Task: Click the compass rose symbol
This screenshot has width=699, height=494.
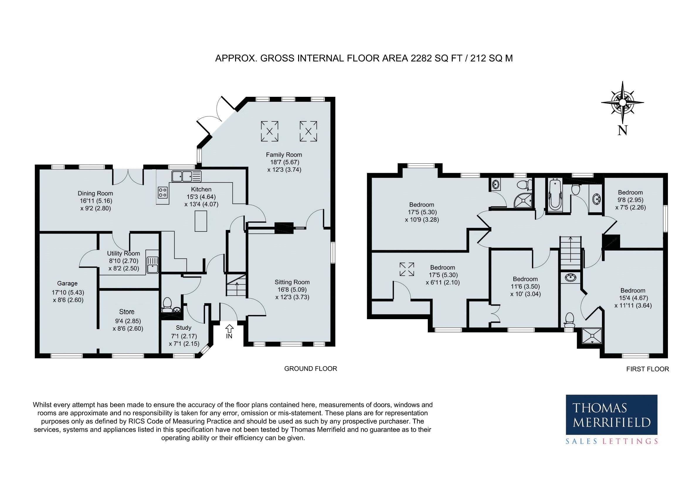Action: pyautogui.click(x=622, y=103)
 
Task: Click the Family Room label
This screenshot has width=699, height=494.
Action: pyautogui.click(x=284, y=155)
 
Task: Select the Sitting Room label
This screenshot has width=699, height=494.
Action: pyautogui.click(x=292, y=282)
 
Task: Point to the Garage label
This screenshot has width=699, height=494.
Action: pyautogui.click(x=67, y=284)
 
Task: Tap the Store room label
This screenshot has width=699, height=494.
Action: pyautogui.click(x=127, y=312)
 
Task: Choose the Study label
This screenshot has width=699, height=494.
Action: pyautogui.click(x=184, y=328)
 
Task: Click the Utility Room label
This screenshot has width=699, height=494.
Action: pyautogui.click(x=124, y=253)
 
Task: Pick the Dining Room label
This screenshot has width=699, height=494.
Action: pyautogui.click(x=95, y=193)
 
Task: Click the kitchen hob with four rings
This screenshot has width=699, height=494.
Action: pyautogui.click(x=162, y=192)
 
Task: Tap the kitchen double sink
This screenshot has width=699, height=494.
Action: pyautogui.click(x=186, y=176)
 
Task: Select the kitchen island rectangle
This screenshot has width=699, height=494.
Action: pyautogui.click(x=201, y=221)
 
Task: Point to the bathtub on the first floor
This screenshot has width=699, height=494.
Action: pyautogui.click(x=555, y=196)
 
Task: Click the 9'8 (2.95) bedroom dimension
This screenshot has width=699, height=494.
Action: pyautogui.click(x=630, y=200)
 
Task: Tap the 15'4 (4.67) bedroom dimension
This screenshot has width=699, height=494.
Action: pyautogui.click(x=633, y=298)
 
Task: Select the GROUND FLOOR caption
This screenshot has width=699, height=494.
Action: pyautogui.click(x=311, y=368)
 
